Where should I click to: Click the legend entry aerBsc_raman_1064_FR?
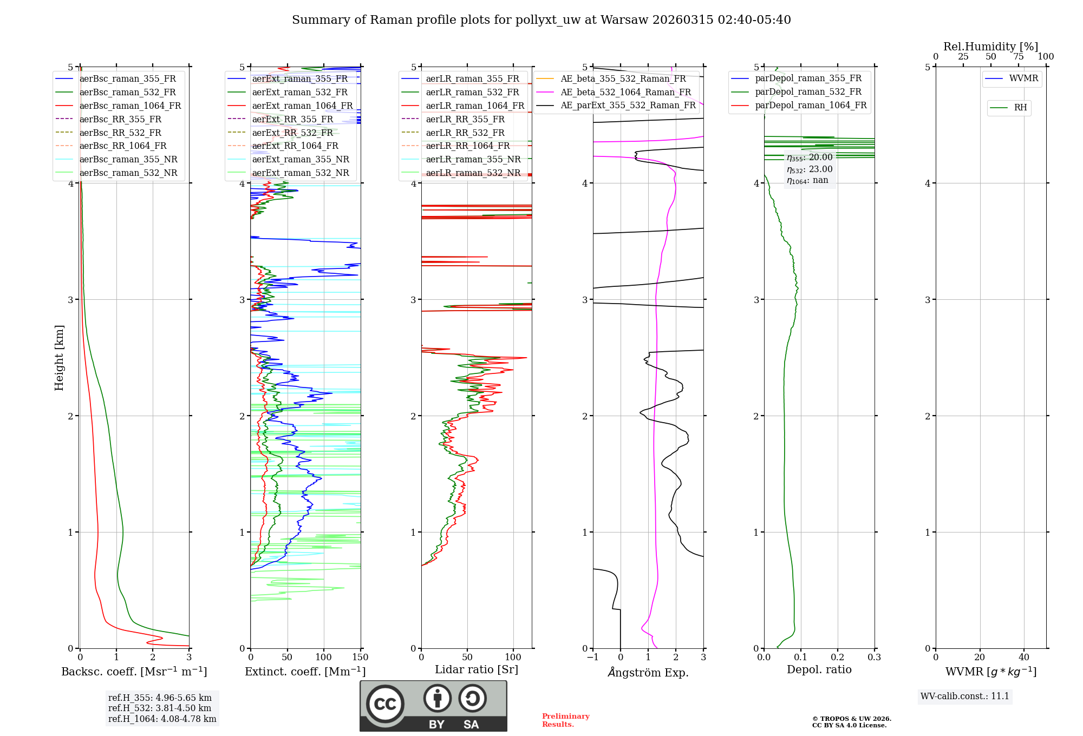tap(130, 106)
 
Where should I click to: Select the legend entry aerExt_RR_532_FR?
tap(292, 133)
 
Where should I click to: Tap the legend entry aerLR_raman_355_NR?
tap(473, 160)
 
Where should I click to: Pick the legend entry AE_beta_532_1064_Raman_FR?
tap(625, 93)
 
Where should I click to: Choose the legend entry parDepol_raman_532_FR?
tap(808, 92)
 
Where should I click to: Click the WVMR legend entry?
tap(1023, 79)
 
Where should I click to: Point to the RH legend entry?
tap(1020, 108)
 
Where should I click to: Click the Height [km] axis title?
tap(60, 358)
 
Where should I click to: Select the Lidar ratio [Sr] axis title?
tap(477, 669)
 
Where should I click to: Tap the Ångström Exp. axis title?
tap(648, 673)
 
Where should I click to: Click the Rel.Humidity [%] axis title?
tap(990, 47)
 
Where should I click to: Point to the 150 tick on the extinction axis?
tap(360, 658)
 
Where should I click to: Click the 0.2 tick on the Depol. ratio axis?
tap(838, 658)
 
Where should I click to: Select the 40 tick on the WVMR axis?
tap(1024, 658)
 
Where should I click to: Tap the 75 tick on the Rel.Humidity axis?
tap(1019, 57)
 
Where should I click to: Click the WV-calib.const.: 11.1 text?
tap(965, 696)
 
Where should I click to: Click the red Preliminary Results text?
tap(565, 720)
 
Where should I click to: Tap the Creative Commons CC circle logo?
tap(385, 704)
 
